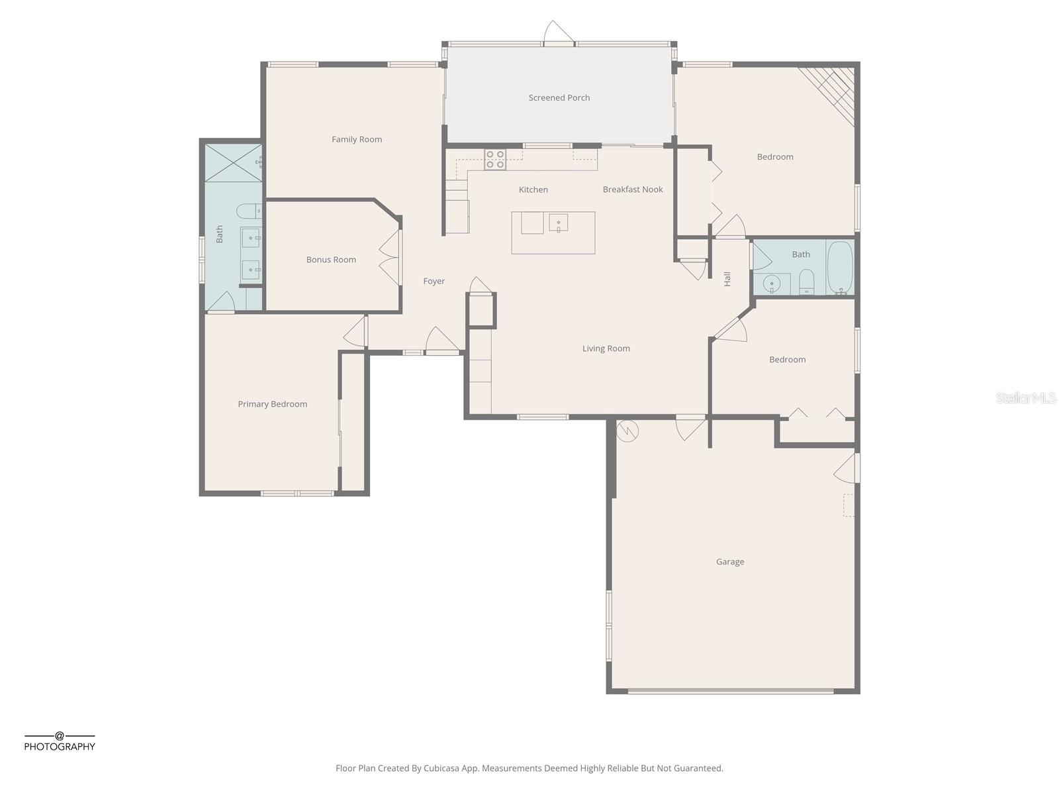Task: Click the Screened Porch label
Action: [x=559, y=97]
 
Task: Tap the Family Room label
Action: [x=357, y=139]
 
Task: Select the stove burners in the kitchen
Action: [x=495, y=159]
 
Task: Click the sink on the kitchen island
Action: [x=558, y=223]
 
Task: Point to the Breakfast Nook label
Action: [x=632, y=189]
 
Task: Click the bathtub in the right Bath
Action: [x=840, y=268]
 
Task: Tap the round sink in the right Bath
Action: [x=772, y=284]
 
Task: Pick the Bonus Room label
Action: [x=331, y=260]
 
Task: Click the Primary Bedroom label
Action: [x=272, y=404]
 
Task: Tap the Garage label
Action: [x=730, y=562]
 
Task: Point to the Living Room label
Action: [x=606, y=348]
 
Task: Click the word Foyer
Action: [x=434, y=282]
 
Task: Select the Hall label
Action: [x=727, y=279]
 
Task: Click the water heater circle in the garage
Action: [x=627, y=432]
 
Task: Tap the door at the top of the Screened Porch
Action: [x=558, y=33]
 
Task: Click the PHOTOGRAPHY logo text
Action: [x=60, y=747]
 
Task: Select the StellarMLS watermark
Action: [x=1026, y=397]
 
